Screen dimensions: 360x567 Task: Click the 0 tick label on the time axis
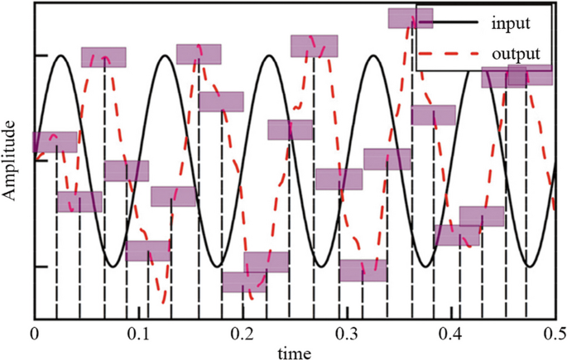(x=34, y=334)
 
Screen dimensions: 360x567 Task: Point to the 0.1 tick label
(x=136, y=334)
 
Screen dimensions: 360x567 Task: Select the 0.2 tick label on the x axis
(x=240, y=334)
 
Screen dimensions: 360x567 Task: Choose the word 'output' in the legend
(x=516, y=53)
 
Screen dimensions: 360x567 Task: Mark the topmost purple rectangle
(x=411, y=18)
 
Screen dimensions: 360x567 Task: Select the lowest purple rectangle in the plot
(x=244, y=281)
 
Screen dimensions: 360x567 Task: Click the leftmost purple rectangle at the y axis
(x=55, y=142)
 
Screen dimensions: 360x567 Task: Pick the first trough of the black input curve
(x=112, y=266)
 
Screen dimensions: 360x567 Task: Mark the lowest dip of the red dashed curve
(x=166, y=303)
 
